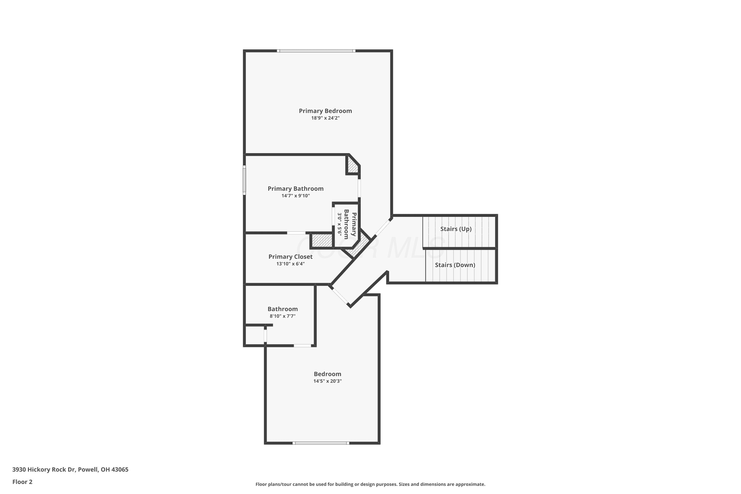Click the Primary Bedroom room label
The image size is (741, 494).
pyautogui.click(x=325, y=111)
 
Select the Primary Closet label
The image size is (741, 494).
pyautogui.click(x=290, y=257)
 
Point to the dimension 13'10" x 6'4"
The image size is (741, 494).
pyautogui.click(x=290, y=264)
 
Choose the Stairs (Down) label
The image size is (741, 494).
pyautogui.click(x=455, y=265)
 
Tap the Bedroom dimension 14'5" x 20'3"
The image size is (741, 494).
pyautogui.click(x=327, y=381)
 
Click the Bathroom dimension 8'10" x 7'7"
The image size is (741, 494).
pyautogui.click(x=282, y=316)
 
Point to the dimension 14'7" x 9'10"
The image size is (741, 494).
pyautogui.click(x=295, y=196)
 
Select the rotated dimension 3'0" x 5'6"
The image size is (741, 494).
pyautogui.click(x=340, y=224)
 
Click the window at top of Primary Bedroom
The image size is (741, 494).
pyautogui.click(x=316, y=51)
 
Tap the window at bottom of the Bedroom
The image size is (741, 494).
pyautogui.click(x=321, y=443)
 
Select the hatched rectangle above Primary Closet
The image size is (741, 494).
pyautogui.click(x=322, y=241)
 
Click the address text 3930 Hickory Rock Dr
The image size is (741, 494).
pyautogui.click(x=44, y=470)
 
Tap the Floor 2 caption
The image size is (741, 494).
pyautogui.click(x=22, y=482)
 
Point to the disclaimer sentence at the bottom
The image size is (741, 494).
pyautogui.click(x=370, y=484)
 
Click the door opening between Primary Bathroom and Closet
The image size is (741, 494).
pyautogui.click(x=296, y=233)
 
